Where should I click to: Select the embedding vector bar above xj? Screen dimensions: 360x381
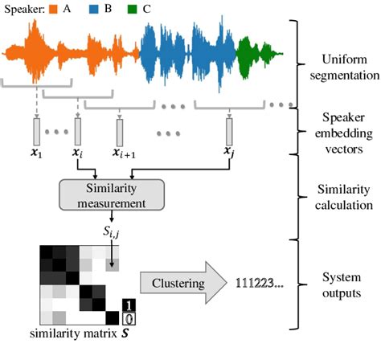pos(230,131)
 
